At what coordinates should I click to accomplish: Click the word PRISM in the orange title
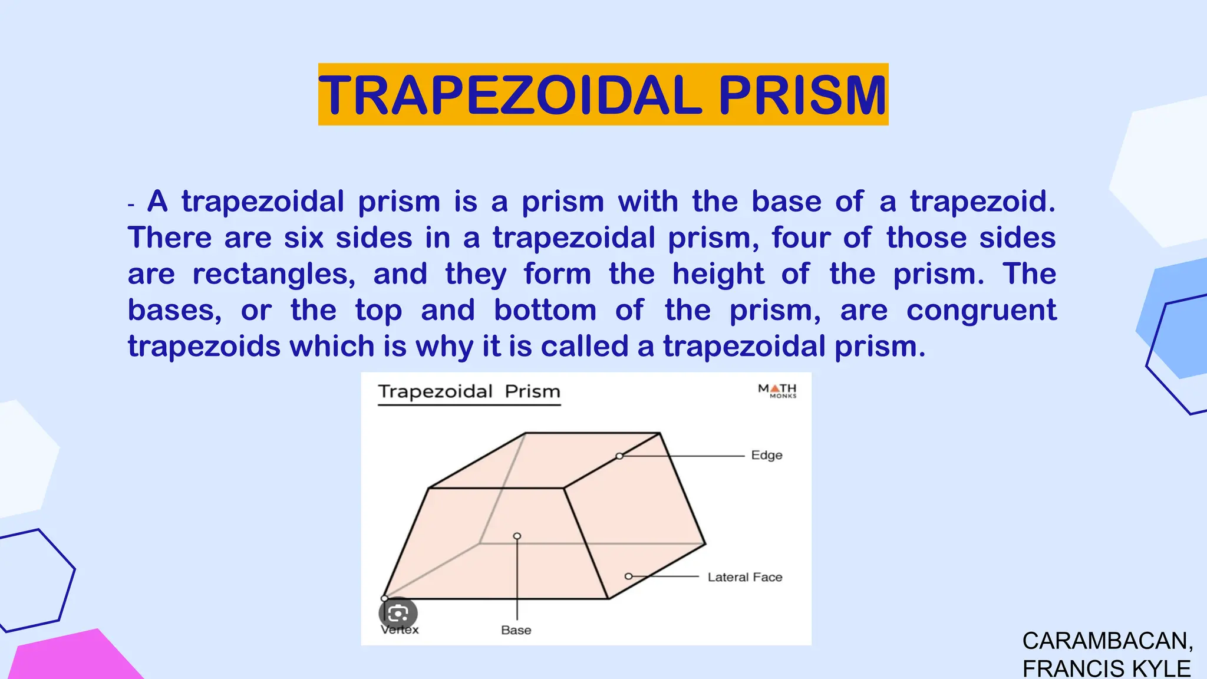pos(802,95)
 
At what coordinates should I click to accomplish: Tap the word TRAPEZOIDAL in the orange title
pos(510,95)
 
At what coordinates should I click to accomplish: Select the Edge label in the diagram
pos(766,455)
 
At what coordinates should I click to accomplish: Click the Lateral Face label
pos(745,577)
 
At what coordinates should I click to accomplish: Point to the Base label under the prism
pos(516,630)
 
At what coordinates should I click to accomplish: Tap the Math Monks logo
pos(777,390)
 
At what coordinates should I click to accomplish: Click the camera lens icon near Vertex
pos(398,614)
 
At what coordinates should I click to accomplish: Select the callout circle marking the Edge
pos(619,456)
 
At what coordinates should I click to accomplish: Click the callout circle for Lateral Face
pos(628,576)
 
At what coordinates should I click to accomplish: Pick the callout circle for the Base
pos(517,536)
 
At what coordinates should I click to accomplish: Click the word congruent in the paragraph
pos(981,311)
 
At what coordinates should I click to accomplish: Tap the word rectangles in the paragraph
pos(274,274)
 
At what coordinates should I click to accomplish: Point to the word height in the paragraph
pos(718,274)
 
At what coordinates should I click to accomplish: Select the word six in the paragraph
pos(304,238)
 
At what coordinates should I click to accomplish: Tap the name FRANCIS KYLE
pos(1106,668)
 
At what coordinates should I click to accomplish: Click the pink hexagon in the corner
pos(71,657)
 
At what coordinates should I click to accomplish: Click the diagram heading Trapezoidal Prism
pos(469,391)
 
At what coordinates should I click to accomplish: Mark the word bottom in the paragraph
pos(545,311)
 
